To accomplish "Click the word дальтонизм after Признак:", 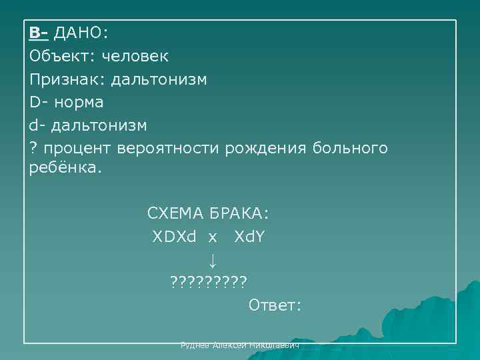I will (159, 80).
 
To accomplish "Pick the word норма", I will (79, 103).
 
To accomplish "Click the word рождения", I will (265, 148).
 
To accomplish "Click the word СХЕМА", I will (175, 214).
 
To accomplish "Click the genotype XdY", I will (250, 237).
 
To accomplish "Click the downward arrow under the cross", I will (211, 259).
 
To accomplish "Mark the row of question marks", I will (208, 281).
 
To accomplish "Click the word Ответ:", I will (275, 305).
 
